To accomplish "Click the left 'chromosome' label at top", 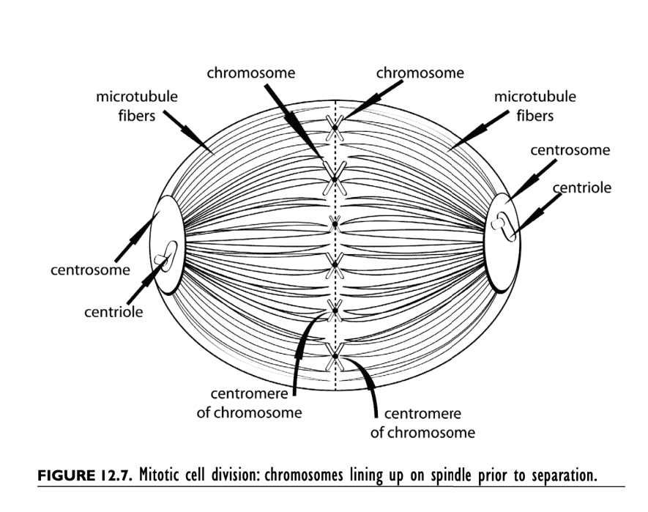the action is [251, 73].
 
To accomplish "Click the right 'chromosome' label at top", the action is [420, 73].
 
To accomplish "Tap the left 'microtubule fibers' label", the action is [137, 106].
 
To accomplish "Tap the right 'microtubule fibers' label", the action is [535, 106].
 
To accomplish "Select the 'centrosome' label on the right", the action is [570, 150].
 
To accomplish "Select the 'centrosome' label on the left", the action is [90, 270].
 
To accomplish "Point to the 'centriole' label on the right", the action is [582, 188].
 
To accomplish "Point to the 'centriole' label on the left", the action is [113, 312].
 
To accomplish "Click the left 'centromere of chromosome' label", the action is [249, 403].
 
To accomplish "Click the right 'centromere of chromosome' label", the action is [422, 423].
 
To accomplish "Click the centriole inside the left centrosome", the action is [166, 256].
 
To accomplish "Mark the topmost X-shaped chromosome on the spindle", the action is [335, 127].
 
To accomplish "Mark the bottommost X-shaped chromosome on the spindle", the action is [335, 357].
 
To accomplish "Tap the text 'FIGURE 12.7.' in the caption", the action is [84, 475].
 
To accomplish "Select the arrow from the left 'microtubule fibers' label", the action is [188, 132].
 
